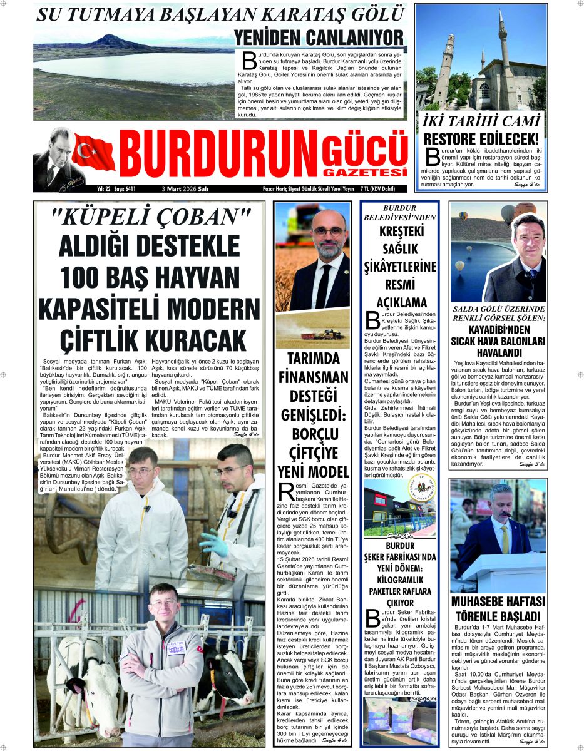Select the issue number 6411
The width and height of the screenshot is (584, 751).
pos(128,188)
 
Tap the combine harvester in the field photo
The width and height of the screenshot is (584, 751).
pos(322,335)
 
